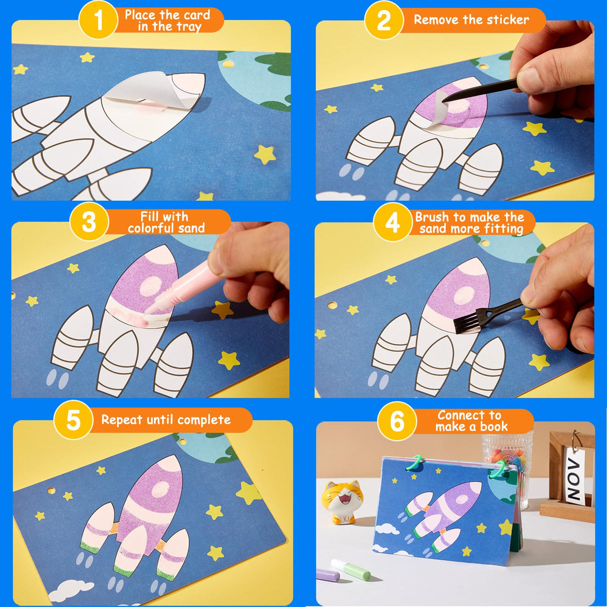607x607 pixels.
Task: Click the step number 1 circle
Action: click(98, 20)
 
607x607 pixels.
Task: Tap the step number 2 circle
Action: click(383, 20)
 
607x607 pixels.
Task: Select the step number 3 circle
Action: click(89, 222)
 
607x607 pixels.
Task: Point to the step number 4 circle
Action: click(392, 222)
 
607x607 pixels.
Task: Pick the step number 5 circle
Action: click(73, 420)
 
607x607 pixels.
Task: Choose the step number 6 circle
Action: click(397, 421)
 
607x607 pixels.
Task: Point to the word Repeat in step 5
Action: click(122, 420)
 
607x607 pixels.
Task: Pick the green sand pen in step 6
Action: click(350, 569)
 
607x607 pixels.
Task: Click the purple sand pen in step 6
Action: click(328, 576)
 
